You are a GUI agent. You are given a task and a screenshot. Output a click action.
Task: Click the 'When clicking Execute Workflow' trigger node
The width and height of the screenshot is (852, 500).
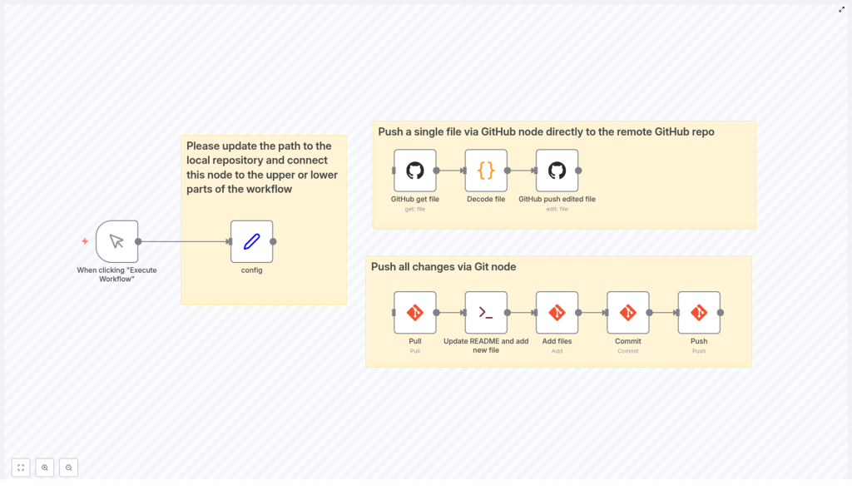tap(116, 241)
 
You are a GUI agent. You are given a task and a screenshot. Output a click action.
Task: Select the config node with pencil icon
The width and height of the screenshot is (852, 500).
tap(251, 241)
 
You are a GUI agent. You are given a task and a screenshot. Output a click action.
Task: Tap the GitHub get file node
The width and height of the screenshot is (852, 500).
tap(414, 171)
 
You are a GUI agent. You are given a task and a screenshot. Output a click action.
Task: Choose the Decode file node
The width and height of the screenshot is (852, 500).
tap(486, 171)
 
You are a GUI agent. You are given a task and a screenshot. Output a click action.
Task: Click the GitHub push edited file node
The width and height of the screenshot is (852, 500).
tap(557, 171)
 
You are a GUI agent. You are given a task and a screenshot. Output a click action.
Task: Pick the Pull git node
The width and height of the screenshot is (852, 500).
tap(414, 313)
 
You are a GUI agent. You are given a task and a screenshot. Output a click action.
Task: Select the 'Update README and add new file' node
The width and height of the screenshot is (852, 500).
tap(486, 313)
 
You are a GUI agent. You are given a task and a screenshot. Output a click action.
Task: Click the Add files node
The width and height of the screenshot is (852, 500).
tap(557, 313)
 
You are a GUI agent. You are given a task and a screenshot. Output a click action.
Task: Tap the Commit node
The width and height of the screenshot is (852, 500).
tap(628, 313)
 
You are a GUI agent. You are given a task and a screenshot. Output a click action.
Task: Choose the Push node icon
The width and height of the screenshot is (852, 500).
tap(699, 313)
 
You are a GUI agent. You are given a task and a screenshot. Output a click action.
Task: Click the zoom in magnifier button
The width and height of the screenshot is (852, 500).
tap(45, 468)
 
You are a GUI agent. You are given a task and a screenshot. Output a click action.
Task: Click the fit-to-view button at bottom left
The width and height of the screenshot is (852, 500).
tap(21, 468)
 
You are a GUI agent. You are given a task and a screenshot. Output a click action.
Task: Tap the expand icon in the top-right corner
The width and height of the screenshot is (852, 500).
tap(841, 10)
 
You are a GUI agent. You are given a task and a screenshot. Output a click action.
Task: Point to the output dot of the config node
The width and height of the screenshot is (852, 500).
tap(273, 241)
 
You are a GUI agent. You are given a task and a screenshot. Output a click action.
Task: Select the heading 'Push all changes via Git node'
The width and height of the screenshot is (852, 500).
tap(443, 267)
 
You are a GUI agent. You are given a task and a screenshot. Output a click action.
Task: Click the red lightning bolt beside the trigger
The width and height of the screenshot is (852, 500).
tap(85, 241)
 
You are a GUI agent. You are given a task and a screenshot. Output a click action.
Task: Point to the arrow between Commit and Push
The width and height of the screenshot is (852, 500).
tap(663, 313)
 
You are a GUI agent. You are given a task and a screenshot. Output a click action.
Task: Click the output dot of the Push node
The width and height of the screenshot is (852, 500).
tap(721, 313)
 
